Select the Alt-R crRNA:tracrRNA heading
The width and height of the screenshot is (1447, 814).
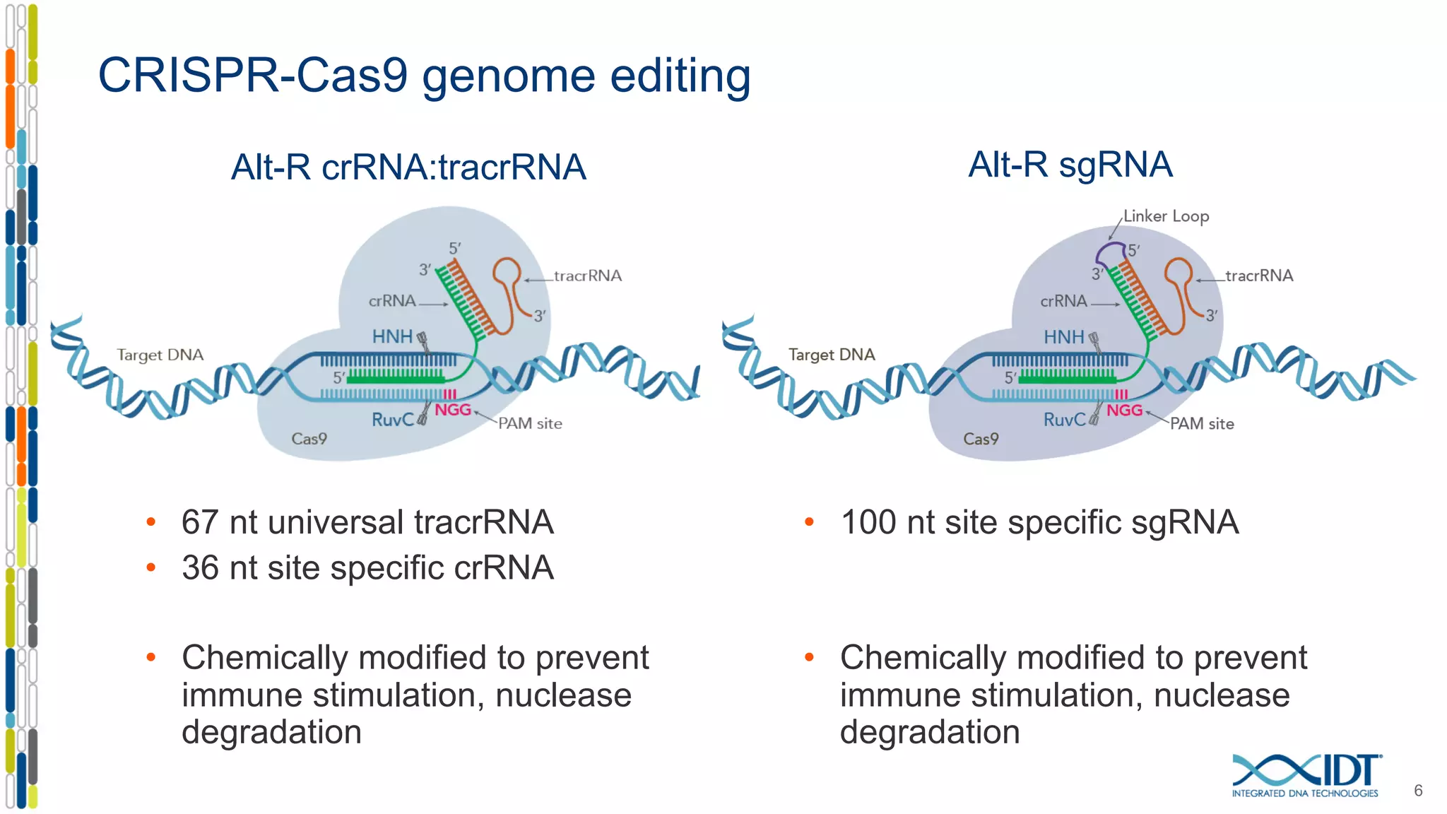pyautogui.click(x=408, y=168)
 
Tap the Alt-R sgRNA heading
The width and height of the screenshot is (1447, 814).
pyautogui.click(x=1070, y=165)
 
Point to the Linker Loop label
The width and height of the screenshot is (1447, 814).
pyautogui.click(x=1166, y=216)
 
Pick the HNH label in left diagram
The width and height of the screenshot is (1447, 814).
pyautogui.click(x=392, y=337)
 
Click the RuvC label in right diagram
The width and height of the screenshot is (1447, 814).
pyautogui.click(x=1064, y=420)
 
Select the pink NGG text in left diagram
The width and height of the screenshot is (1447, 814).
pyautogui.click(x=452, y=410)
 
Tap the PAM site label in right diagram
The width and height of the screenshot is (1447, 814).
pyautogui.click(x=1202, y=424)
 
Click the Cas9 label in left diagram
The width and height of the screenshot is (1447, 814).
pyautogui.click(x=309, y=439)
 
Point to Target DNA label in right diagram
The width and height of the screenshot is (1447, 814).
pyautogui.click(x=832, y=355)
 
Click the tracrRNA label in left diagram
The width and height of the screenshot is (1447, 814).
pyautogui.click(x=588, y=276)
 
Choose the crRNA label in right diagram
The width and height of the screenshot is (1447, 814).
pyautogui.click(x=1063, y=302)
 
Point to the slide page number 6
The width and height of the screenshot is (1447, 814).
pyautogui.click(x=1417, y=791)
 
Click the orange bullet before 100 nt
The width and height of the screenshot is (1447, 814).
pyautogui.click(x=809, y=523)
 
